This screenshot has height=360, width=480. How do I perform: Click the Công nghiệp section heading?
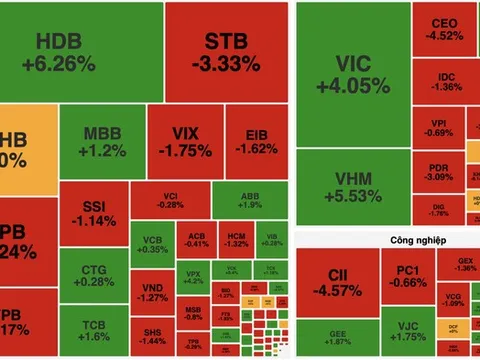click(x=388, y=240)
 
